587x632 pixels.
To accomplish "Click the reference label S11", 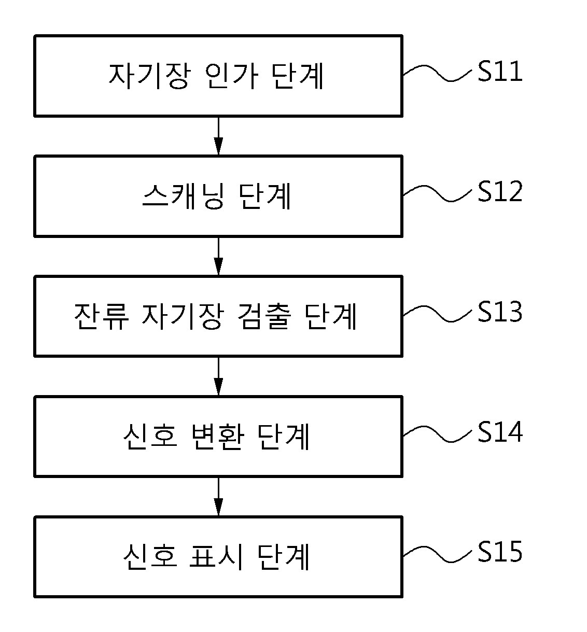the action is [500, 71].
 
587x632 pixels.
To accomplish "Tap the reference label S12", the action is [500, 191].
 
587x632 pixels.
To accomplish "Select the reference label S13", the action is [500, 311].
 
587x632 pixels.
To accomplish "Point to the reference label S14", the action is [500, 431].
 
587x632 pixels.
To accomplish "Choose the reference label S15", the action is [500, 552].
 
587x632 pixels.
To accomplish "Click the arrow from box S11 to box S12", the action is [218, 136].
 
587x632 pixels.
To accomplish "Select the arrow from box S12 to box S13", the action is [218, 256].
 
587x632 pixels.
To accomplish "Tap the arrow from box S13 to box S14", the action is [218, 376].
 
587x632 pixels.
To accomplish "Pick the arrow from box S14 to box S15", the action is [218, 497].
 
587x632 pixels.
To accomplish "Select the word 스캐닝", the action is [184, 196].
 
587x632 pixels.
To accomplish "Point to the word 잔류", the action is [102, 316].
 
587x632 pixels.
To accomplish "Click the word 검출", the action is [264, 316].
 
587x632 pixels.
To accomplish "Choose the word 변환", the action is [218, 437].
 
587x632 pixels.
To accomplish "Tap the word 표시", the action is [217, 556].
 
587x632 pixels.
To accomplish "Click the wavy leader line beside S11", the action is [437, 73].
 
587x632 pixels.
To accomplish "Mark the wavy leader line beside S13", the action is [437, 314].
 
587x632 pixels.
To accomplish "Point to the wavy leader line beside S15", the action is [437, 554].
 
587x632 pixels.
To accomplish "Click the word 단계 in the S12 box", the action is [265, 196].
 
